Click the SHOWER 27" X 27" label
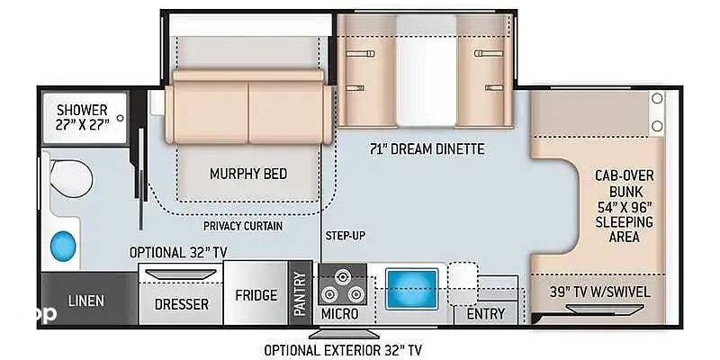83,117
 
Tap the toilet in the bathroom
71,178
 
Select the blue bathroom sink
63,246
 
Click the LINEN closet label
85,301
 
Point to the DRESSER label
182,304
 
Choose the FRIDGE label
256,295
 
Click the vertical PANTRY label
300,294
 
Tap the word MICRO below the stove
340,314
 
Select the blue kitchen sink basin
411,289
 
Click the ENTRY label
486,314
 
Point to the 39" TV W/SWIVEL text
599,292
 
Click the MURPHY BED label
248,174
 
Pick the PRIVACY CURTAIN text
243,226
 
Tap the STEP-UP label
346,236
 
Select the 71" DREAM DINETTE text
427,149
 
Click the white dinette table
427,70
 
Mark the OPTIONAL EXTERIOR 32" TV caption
343,350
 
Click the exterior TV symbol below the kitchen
344,333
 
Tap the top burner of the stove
342,276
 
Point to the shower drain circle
121,118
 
